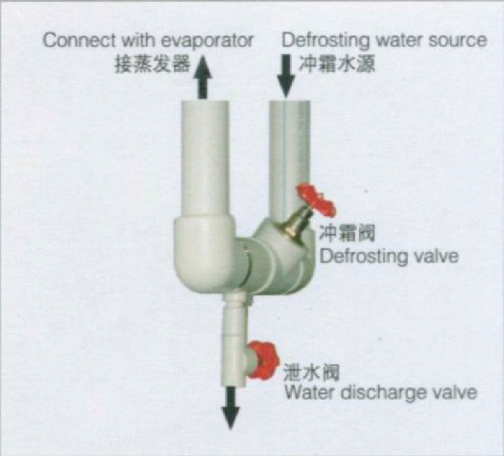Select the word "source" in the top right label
point(458,40)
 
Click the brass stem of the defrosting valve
point(295,220)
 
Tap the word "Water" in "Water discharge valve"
point(306,393)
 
